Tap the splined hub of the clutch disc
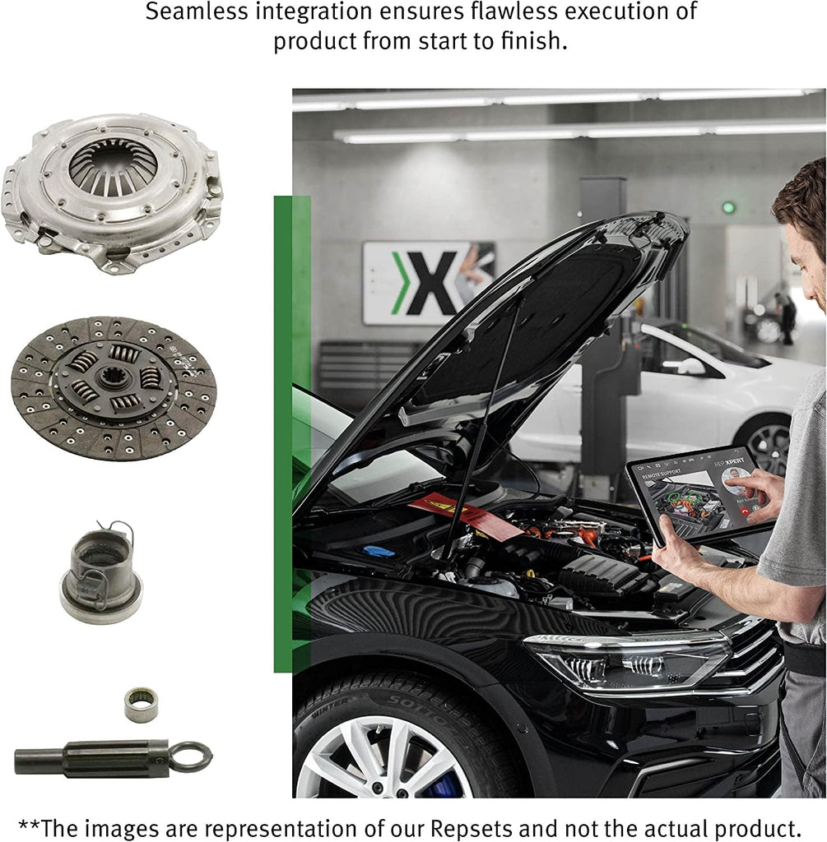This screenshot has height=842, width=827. click(112, 380)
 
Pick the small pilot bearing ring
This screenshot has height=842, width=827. click(141, 705)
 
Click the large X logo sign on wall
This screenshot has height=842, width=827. click(429, 282)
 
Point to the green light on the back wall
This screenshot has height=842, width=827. click(728, 207)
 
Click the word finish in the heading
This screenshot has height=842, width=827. click(527, 41)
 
